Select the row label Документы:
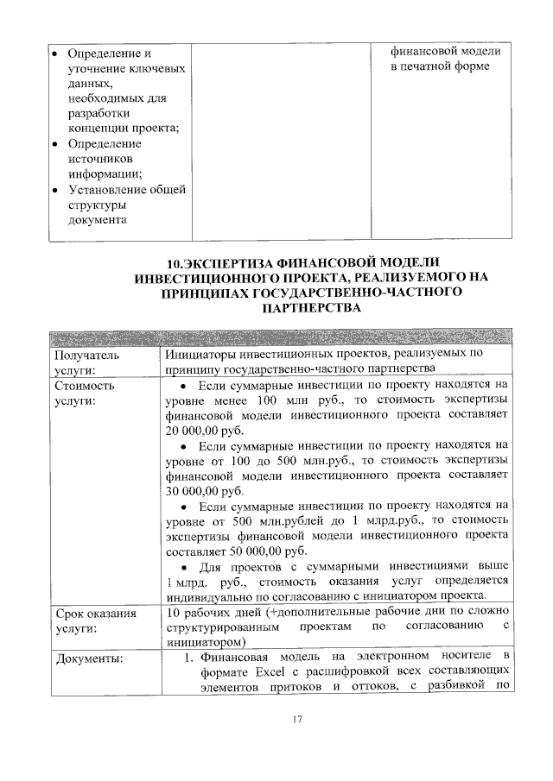(89, 660)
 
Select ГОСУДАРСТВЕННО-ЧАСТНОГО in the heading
(339, 293)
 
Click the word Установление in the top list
(105, 189)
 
